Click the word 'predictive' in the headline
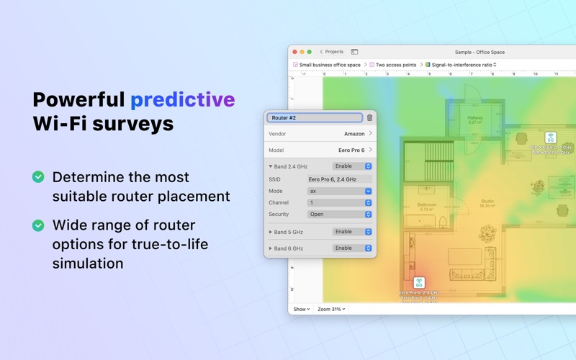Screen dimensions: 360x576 tap(182, 99)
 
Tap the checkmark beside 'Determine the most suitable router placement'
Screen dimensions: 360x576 tap(38, 177)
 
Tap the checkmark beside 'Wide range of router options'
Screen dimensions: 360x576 tap(38, 225)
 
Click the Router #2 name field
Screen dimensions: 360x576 tap(315, 117)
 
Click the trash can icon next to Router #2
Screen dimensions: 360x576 tap(370, 117)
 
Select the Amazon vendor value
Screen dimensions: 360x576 tap(354, 134)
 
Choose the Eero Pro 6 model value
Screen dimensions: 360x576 tap(351, 150)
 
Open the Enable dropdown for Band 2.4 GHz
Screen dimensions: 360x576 tap(352, 166)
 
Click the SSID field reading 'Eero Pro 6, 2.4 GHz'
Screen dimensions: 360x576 tap(339, 179)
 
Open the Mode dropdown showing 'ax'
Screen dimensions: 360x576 tap(339, 192)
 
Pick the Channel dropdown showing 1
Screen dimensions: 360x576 tap(339, 203)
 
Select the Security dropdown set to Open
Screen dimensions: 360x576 tap(339, 214)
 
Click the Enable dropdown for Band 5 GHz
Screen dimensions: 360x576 tap(352, 232)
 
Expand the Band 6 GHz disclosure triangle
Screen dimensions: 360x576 tap(271, 248)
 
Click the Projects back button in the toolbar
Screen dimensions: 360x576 tap(332, 52)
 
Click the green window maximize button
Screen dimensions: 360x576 tap(310, 52)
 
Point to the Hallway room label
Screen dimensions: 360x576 tap(475, 118)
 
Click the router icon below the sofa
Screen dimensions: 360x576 tap(419, 282)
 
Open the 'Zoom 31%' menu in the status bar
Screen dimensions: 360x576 tap(331, 309)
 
